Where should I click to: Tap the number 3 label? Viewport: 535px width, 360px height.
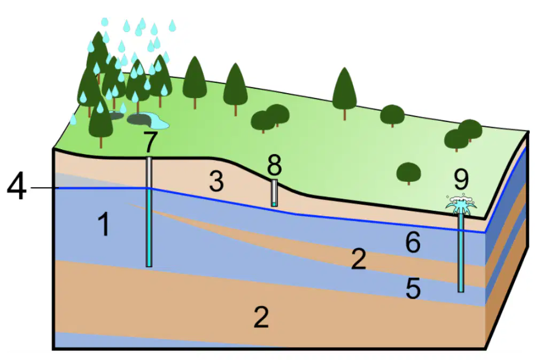click(x=216, y=181)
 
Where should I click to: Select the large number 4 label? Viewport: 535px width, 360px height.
click(x=17, y=187)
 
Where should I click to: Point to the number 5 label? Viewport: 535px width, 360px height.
click(x=413, y=288)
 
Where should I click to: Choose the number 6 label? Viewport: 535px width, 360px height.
click(x=413, y=242)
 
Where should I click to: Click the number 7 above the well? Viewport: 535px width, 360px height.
click(x=150, y=142)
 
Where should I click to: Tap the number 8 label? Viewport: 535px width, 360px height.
click(x=274, y=165)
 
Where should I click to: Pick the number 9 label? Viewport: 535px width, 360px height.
click(x=461, y=179)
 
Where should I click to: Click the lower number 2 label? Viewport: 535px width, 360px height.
click(x=261, y=317)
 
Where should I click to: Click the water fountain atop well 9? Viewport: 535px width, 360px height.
click(x=461, y=204)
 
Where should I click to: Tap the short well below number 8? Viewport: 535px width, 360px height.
click(x=274, y=193)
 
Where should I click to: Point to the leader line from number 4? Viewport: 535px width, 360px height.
click(x=45, y=188)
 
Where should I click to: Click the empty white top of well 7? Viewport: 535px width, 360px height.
click(x=149, y=172)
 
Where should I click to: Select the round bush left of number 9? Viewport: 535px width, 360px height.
click(x=408, y=172)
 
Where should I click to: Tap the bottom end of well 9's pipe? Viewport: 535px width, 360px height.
click(x=461, y=292)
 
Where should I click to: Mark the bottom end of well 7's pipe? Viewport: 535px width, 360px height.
click(x=149, y=266)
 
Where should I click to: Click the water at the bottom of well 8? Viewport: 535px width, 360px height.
click(x=274, y=204)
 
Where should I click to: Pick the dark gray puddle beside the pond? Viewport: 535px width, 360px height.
click(x=139, y=119)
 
